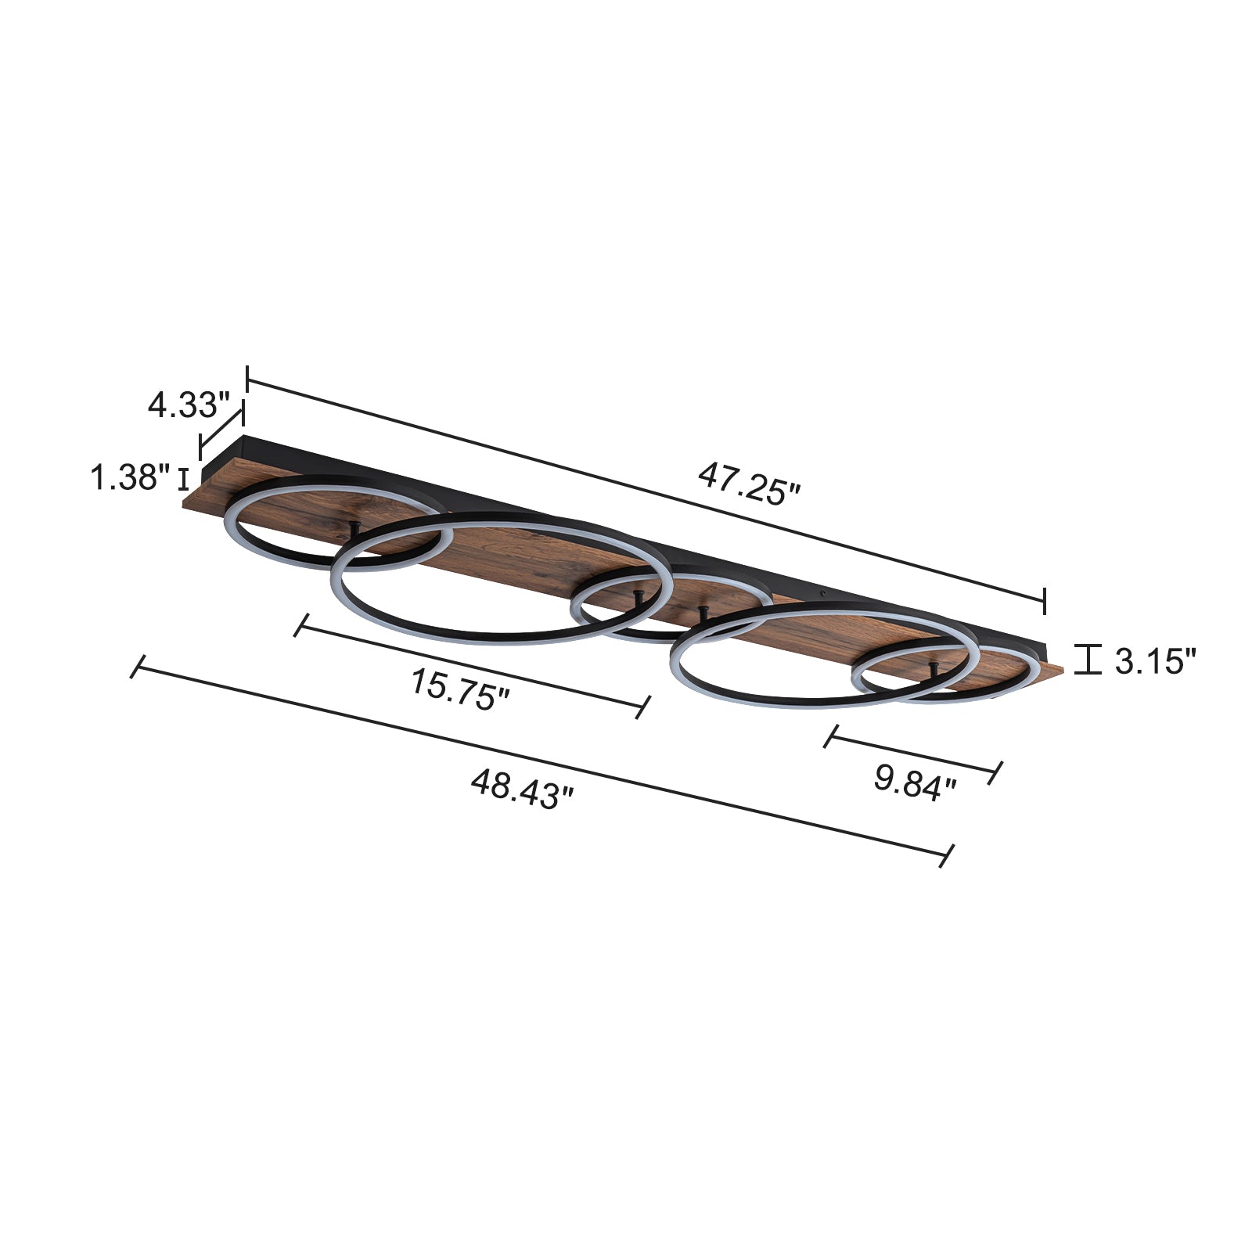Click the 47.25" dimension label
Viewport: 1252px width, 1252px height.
point(749,484)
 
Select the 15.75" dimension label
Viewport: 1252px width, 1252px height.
point(460,689)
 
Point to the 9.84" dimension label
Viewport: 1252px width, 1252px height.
point(915,782)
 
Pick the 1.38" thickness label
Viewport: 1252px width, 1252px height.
point(130,477)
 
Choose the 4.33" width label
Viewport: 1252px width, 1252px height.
point(188,405)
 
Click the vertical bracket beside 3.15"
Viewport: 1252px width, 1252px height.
point(1088,659)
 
